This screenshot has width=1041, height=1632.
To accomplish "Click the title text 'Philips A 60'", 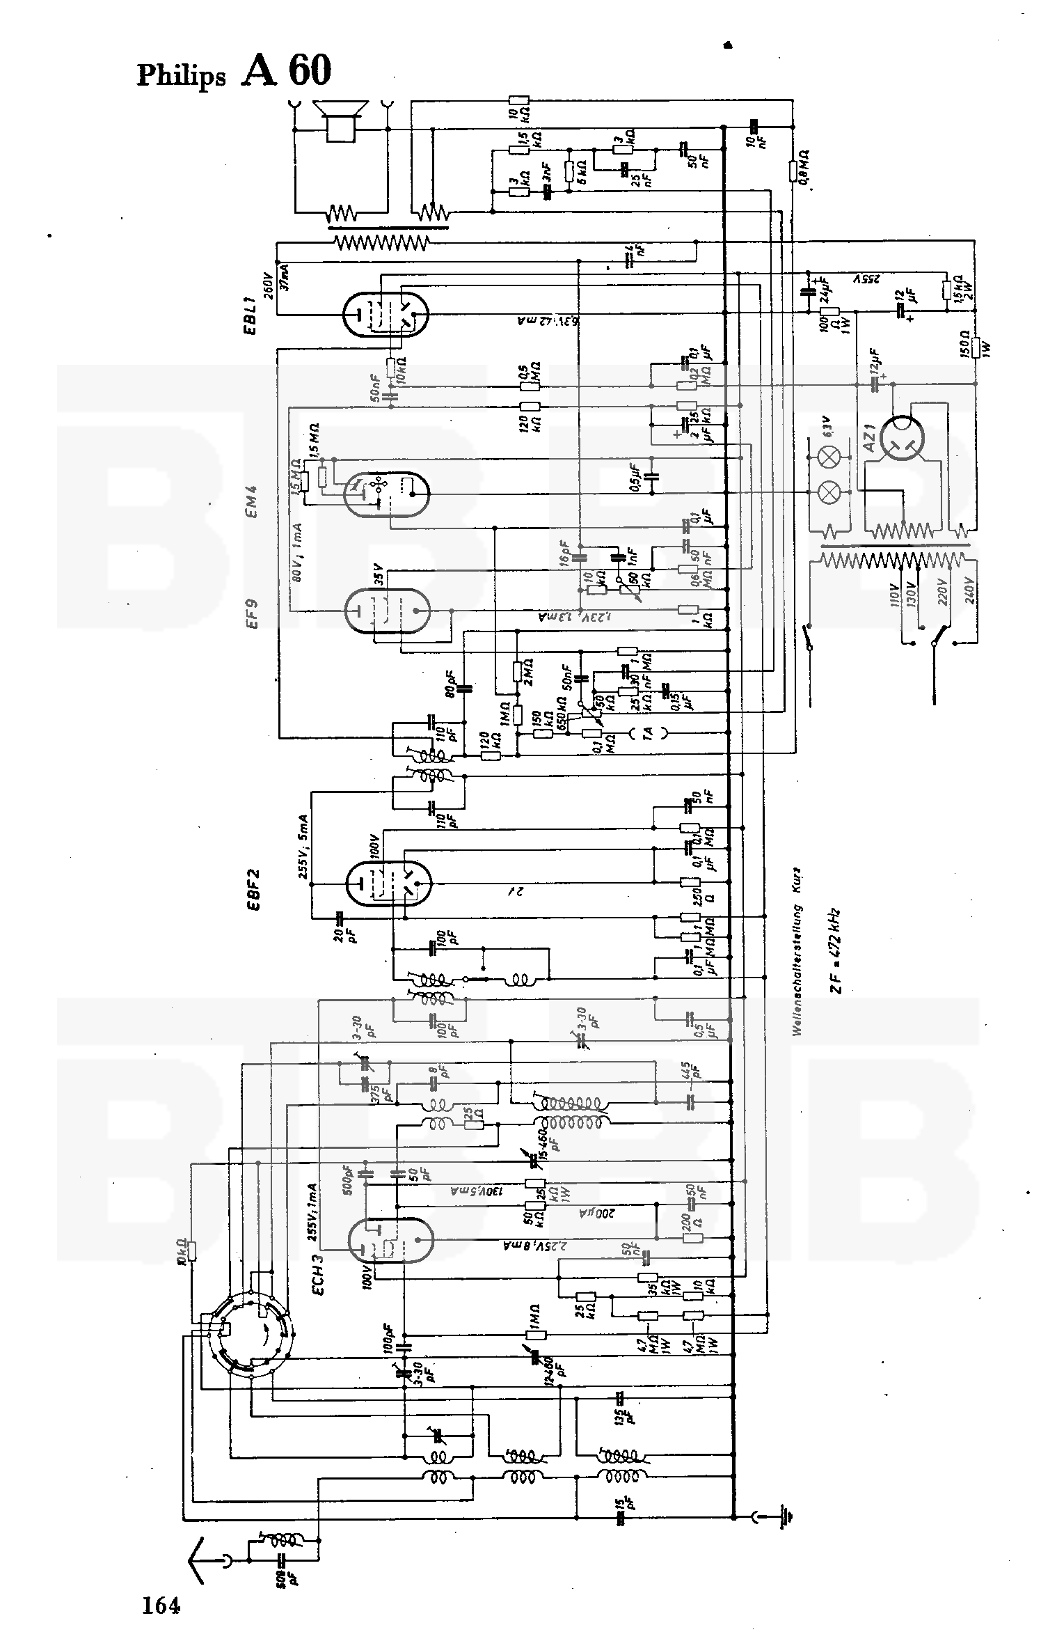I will point(234,72).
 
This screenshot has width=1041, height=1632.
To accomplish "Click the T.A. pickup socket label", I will point(647,732).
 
